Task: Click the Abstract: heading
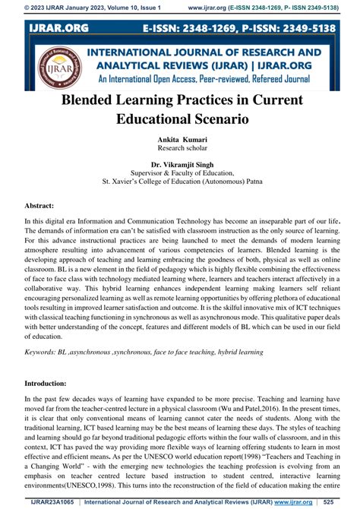point(39,205)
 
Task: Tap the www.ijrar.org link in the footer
point(298,501)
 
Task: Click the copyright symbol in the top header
point(7,7)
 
